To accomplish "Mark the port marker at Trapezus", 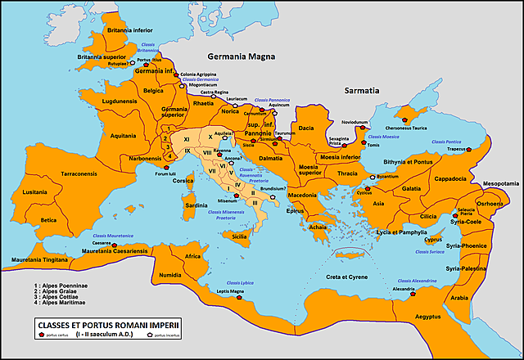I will [x=484, y=149].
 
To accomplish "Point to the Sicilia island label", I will [x=240, y=236].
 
